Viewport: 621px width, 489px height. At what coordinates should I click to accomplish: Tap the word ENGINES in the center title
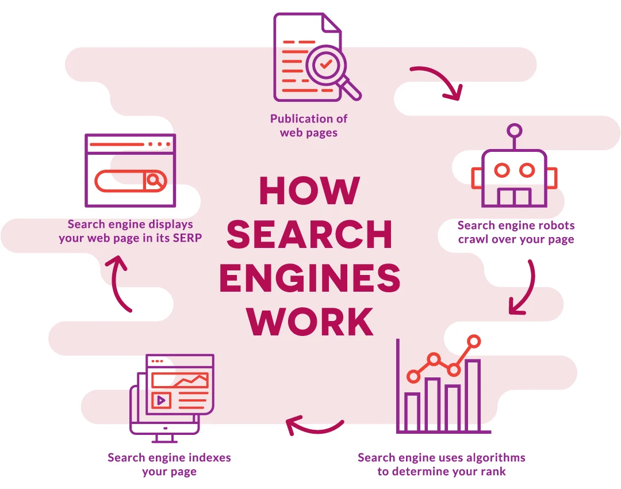click(309, 279)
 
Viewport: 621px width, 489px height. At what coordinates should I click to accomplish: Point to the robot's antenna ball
click(513, 131)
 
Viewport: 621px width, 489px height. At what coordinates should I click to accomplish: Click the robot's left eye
click(502, 170)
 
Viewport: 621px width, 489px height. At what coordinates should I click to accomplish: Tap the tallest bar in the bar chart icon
click(473, 396)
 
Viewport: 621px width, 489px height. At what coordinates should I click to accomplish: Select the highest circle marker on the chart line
click(474, 341)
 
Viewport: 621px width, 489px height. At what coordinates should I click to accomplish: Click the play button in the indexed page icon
click(161, 400)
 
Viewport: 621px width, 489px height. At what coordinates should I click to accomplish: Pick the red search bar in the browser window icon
click(131, 181)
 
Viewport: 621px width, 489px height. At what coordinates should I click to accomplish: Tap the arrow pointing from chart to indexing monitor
click(314, 426)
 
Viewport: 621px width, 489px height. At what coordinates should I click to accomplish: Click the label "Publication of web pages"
click(309, 125)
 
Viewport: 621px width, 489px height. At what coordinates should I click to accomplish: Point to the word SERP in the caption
click(187, 238)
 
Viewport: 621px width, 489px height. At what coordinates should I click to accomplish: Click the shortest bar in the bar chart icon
click(412, 411)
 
